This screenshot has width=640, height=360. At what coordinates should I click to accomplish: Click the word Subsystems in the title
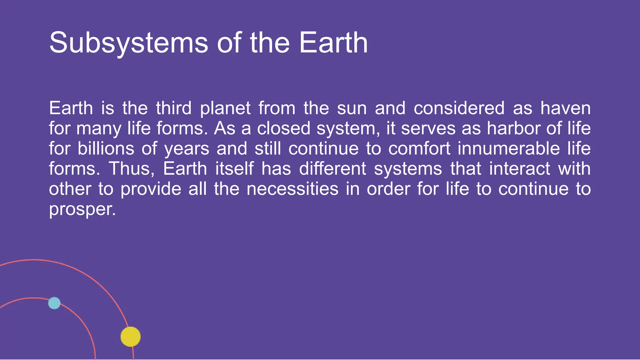tap(128, 43)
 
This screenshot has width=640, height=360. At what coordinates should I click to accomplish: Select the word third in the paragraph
tap(174, 108)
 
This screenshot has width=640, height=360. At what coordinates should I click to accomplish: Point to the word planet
tap(225, 109)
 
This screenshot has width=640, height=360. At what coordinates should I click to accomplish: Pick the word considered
tap(459, 108)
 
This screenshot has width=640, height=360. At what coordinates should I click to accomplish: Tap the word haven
tap(566, 108)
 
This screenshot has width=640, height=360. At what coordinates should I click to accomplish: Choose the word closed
tap(283, 128)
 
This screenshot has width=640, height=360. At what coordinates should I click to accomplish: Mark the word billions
tap(106, 148)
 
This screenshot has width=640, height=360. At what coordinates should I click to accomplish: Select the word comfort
tap(419, 148)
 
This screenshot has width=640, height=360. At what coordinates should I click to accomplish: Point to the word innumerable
tap(509, 148)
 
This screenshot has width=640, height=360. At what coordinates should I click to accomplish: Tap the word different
tap(332, 169)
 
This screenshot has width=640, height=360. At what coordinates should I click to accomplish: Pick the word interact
tap(519, 169)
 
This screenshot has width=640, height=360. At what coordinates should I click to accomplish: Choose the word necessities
tap(292, 189)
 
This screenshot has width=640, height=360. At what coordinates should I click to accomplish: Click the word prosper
tap(82, 210)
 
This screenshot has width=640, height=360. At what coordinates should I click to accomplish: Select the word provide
tap(151, 189)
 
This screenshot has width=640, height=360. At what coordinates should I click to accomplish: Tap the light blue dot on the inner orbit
tap(54, 303)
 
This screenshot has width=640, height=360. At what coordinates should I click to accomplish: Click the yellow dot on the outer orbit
tap(131, 337)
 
